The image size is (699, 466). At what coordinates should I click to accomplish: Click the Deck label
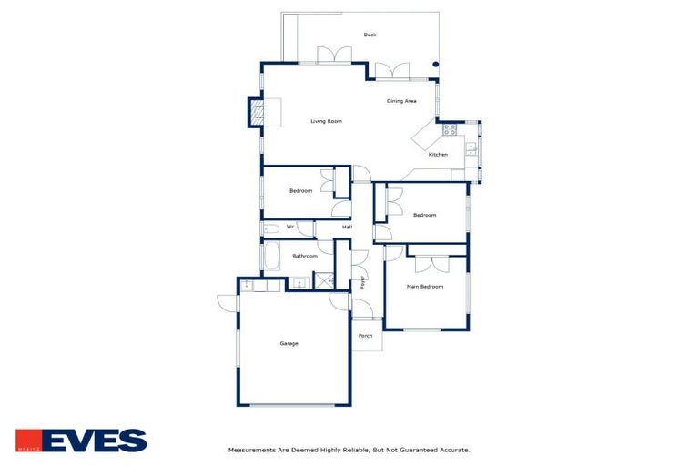370,35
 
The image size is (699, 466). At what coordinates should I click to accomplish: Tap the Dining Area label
401,101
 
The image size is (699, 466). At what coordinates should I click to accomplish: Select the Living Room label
326,121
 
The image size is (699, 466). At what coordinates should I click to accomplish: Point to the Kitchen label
438,155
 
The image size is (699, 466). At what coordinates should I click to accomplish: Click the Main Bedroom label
425,287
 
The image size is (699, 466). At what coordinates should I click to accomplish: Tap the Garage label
289,343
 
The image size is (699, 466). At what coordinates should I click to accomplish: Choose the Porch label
365,336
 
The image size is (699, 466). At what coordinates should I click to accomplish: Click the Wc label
290,227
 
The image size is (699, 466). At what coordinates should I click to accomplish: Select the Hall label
347,227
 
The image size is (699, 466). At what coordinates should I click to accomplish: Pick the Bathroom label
305,256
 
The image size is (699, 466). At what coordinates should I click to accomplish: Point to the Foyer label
362,282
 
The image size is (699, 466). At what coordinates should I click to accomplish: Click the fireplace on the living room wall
256,113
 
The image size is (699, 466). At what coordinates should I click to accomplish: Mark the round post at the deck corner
435,65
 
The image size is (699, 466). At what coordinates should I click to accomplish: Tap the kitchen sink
471,149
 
